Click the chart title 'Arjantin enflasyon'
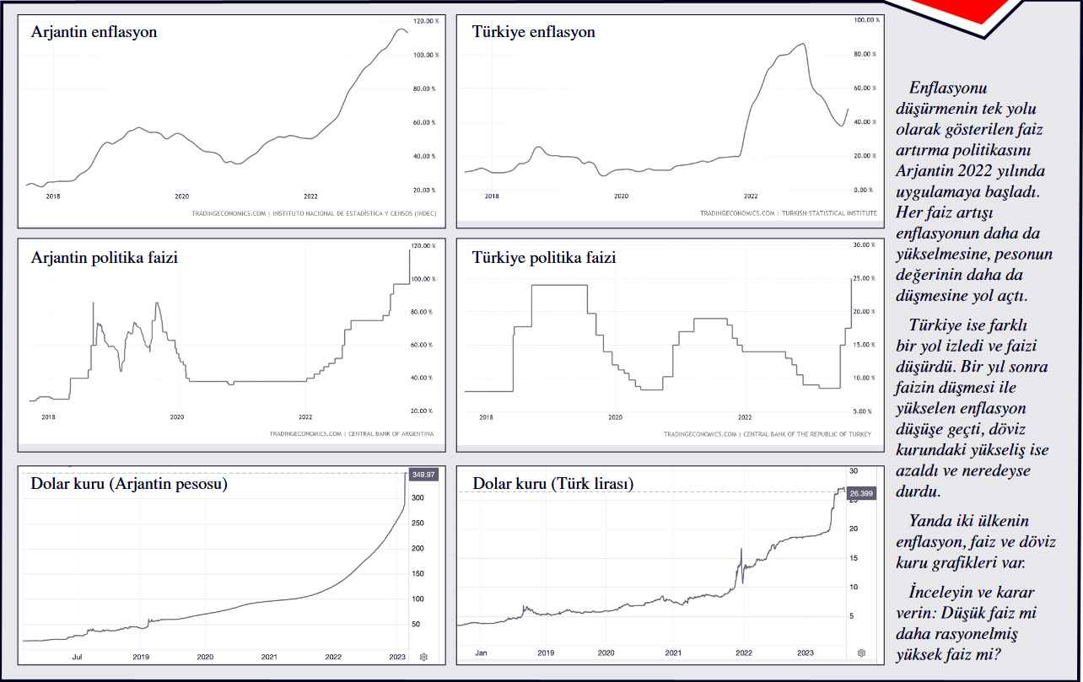pos(94,32)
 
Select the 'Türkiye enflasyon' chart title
pos(533,32)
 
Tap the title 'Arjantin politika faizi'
pos(104,257)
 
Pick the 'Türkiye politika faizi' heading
pos(544,257)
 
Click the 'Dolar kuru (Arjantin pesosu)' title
pos(129,484)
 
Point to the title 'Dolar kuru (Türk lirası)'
pos(552,484)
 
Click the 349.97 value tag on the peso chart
pos(422,475)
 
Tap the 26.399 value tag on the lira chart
pos(860,493)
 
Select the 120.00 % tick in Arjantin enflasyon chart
pos(424,20)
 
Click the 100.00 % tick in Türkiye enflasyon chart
pos(864,19)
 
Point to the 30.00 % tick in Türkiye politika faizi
pos(864,245)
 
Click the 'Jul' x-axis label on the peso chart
pos(77,656)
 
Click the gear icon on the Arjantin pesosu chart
pos(423,656)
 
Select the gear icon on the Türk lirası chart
pos(861,652)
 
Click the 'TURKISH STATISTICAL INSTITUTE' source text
pos(829,213)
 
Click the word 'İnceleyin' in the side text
pos(942,592)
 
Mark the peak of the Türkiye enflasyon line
pos(802,44)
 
